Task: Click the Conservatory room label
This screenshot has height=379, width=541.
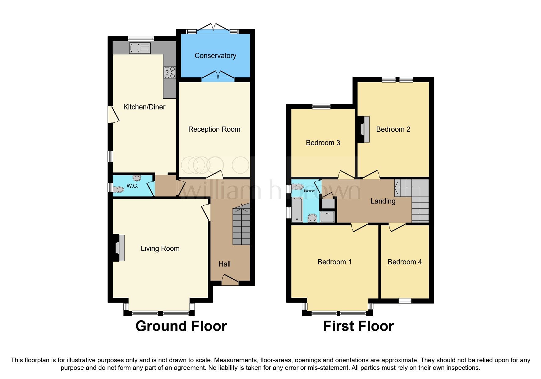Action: (x=215, y=56)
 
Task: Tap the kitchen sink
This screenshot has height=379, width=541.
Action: (x=140, y=48)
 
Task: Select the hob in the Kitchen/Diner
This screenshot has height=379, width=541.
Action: (x=170, y=72)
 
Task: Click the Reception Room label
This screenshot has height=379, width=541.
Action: (x=214, y=129)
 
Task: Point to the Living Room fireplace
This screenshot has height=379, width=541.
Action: (x=119, y=248)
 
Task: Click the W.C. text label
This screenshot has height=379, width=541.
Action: (x=132, y=186)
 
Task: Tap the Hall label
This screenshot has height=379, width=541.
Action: (x=225, y=264)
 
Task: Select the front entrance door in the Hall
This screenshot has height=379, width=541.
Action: (x=230, y=280)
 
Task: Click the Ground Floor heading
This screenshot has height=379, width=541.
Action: (x=181, y=326)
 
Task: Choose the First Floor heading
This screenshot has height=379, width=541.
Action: (x=358, y=326)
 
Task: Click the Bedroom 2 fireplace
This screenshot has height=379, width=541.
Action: (x=364, y=129)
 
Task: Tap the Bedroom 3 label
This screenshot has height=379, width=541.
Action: (x=323, y=143)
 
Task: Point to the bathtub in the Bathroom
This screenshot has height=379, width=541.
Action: (x=297, y=209)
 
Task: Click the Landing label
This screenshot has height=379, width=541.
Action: (x=383, y=201)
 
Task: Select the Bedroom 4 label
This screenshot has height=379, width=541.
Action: (x=404, y=262)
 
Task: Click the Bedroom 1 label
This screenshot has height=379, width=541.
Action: (x=334, y=262)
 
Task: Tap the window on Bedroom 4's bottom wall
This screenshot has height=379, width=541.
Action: (x=405, y=301)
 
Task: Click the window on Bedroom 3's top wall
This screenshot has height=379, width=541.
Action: (x=321, y=107)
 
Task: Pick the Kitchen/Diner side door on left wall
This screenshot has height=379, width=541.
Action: (x=113, y=115)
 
